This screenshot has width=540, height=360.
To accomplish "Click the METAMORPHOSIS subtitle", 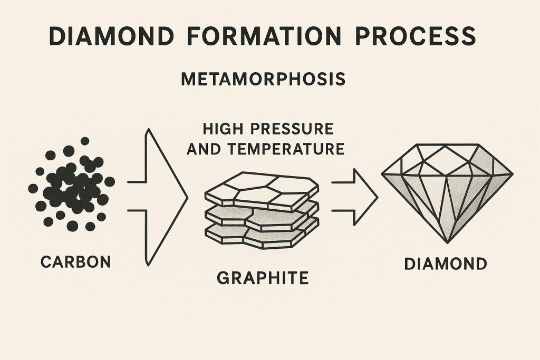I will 263,80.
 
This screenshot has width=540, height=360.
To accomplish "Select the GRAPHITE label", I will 263,278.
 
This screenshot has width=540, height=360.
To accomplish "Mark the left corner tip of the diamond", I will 383,173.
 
